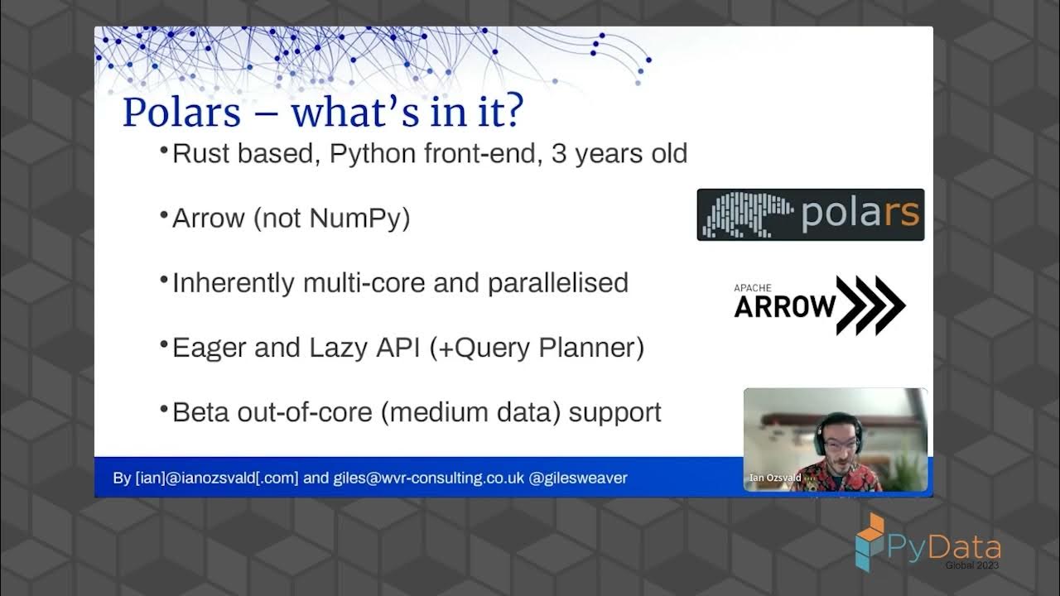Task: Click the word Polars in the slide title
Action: click(x=181, y=113)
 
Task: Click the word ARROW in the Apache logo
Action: click(x=784, y=307)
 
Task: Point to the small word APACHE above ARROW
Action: click(x=752, y=288)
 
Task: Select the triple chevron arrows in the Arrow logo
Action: click(x=870, y=305)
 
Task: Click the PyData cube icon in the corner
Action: click(x=870, y=541)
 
